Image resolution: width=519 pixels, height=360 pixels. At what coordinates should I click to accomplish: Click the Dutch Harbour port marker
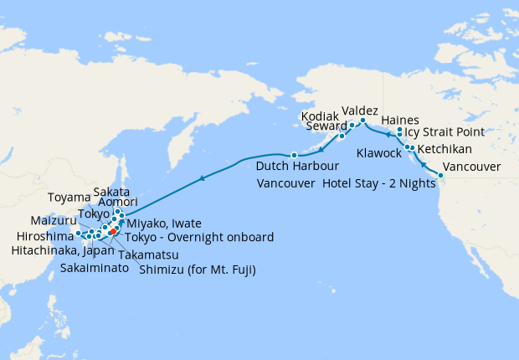[294, 155]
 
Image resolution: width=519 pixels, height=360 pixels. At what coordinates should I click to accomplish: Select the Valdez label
[360, 111]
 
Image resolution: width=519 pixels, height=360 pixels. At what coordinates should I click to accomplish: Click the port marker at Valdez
[363, 121]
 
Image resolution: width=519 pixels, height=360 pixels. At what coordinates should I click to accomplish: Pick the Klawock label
[378, 153]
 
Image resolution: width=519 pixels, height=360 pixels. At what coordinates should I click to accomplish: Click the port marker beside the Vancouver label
[440, 174]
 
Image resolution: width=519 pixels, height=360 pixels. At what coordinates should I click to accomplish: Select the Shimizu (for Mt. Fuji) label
[197, 269]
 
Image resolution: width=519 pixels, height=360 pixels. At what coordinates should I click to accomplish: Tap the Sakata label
[110, 191]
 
